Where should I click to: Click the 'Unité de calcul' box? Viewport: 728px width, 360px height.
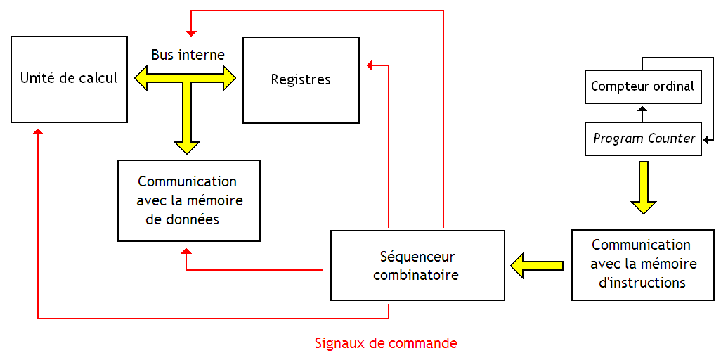click(x=69, y=79)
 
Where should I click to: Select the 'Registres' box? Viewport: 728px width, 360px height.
click(x=301, y=79)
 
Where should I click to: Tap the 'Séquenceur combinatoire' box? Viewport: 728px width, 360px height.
click(x=417, y=265)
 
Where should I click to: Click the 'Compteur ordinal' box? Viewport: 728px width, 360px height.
click(x=642, y=86)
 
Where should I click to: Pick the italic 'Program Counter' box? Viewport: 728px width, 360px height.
click(x=643, y=139)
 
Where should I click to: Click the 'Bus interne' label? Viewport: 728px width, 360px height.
click(x=188, y=55)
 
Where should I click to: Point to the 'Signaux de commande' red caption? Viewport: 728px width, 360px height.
click(x=386, y=344)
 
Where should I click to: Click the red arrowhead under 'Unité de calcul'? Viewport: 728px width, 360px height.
click(x=38, y=133)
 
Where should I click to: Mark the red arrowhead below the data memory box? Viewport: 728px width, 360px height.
click(x=186, y=252)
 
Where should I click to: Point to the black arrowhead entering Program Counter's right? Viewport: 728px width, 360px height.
click(x=706, y=139)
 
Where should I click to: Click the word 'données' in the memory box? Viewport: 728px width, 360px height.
click(x=193, y=219)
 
